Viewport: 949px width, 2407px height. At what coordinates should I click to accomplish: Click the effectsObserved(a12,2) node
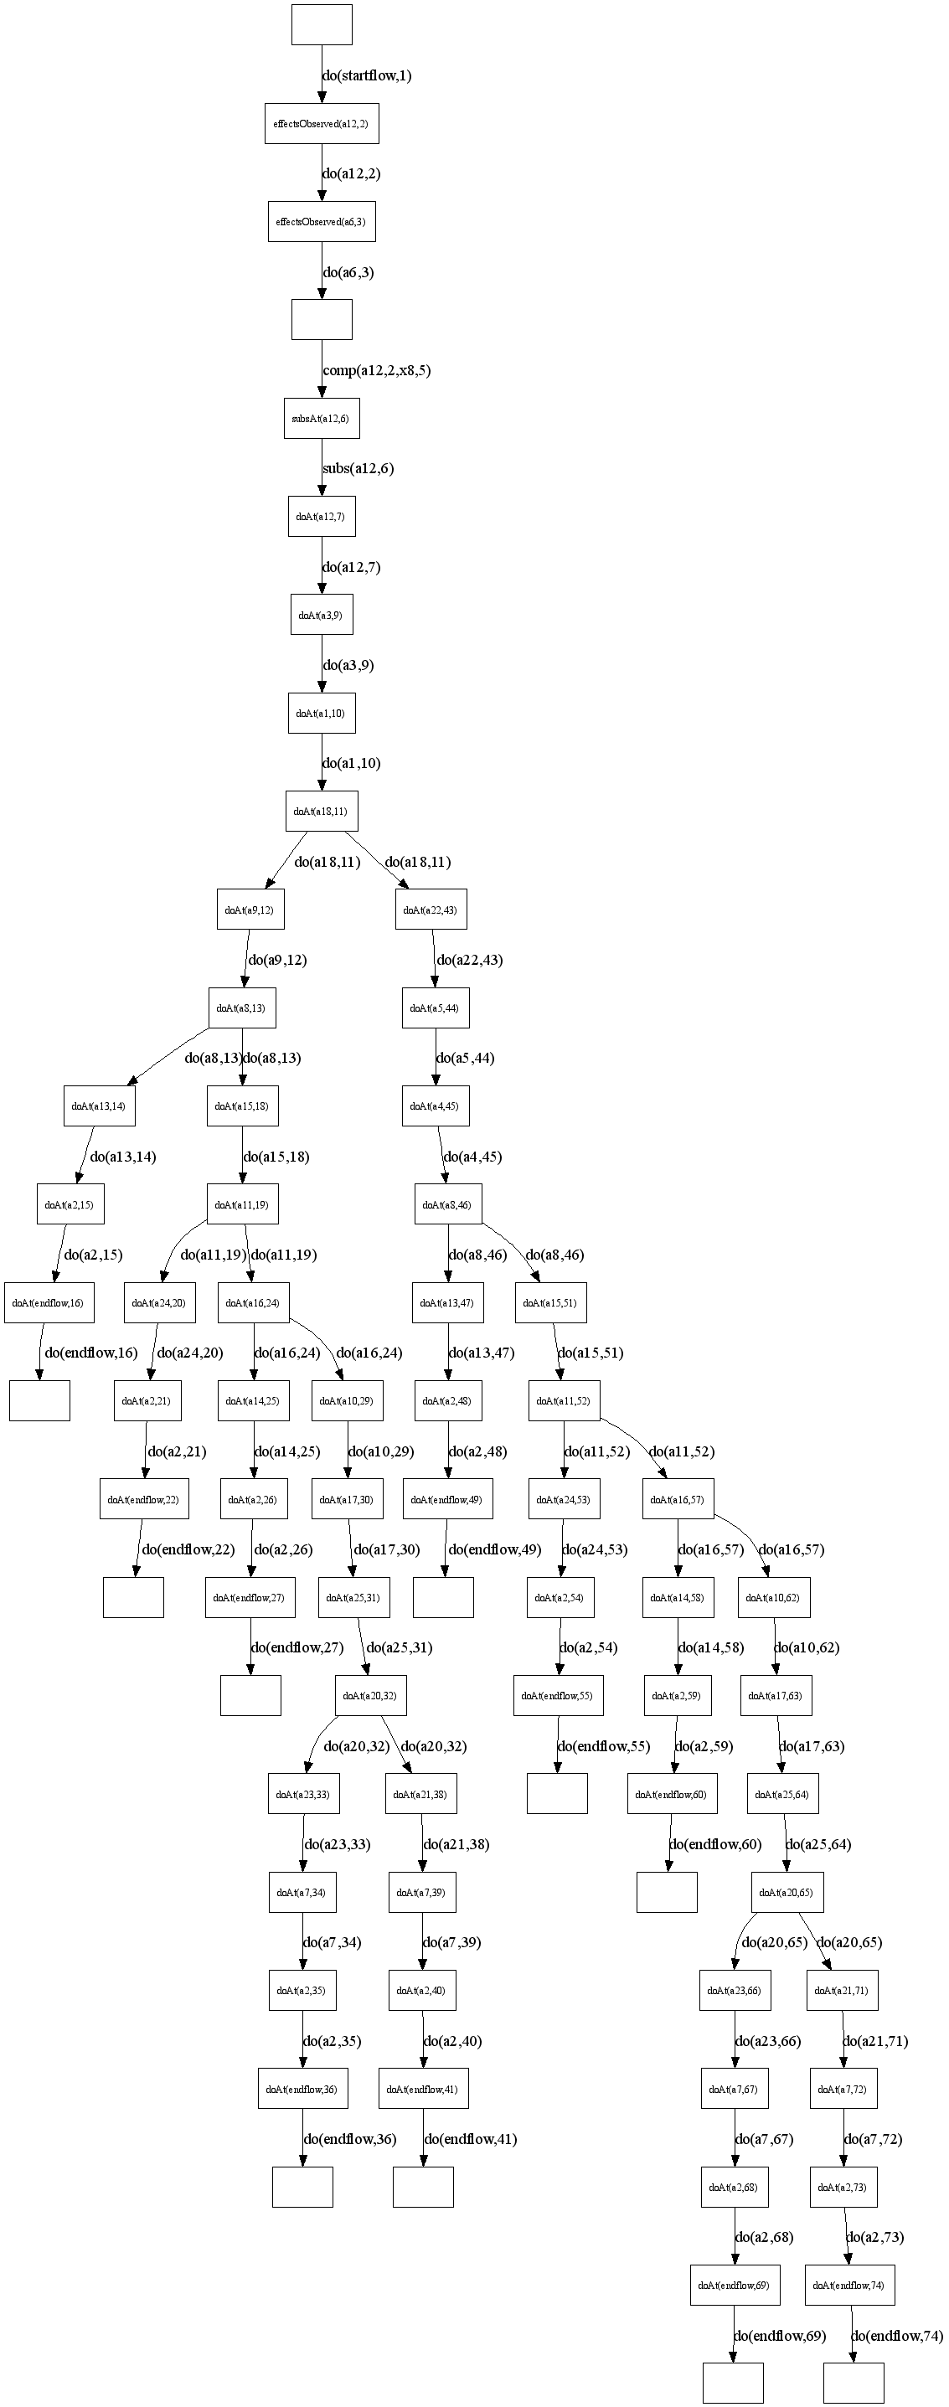(322, 123)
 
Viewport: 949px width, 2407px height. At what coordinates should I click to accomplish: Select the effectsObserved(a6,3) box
(322, 221)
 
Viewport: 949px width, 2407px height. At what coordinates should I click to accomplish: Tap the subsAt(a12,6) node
(322, 419)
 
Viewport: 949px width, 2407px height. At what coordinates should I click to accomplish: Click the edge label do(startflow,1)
(367, 75)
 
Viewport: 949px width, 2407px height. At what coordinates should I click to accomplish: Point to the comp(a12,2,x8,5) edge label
(376, 370)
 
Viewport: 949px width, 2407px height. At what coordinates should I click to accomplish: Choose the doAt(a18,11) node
(322, 811)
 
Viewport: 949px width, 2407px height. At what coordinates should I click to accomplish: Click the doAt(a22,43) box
(431, 910)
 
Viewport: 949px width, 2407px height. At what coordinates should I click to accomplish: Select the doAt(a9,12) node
(250, 910)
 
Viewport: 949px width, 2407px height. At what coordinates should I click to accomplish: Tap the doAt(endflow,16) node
(49, 1302)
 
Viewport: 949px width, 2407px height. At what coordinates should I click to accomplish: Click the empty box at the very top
(322, 24)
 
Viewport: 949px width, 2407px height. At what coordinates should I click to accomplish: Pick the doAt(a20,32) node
(371, 1695)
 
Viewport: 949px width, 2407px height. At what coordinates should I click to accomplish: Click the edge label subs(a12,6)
(358, 468)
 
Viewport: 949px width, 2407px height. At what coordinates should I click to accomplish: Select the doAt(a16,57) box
(679, 1499)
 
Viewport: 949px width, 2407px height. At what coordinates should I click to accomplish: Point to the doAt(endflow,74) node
(849, 2285)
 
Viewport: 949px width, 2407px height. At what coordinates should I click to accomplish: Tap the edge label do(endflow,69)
(780, 2335)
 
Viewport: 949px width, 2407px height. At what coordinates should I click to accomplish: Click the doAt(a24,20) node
(160, 1302)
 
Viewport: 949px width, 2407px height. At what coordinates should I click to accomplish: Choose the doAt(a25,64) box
(783, 1794)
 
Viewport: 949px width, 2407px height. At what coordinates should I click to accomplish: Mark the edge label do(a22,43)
(470, 960)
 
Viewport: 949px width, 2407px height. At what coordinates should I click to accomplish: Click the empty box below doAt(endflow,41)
(423, 2187)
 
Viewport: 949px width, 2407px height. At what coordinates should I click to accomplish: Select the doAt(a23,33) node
(303, 1794)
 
